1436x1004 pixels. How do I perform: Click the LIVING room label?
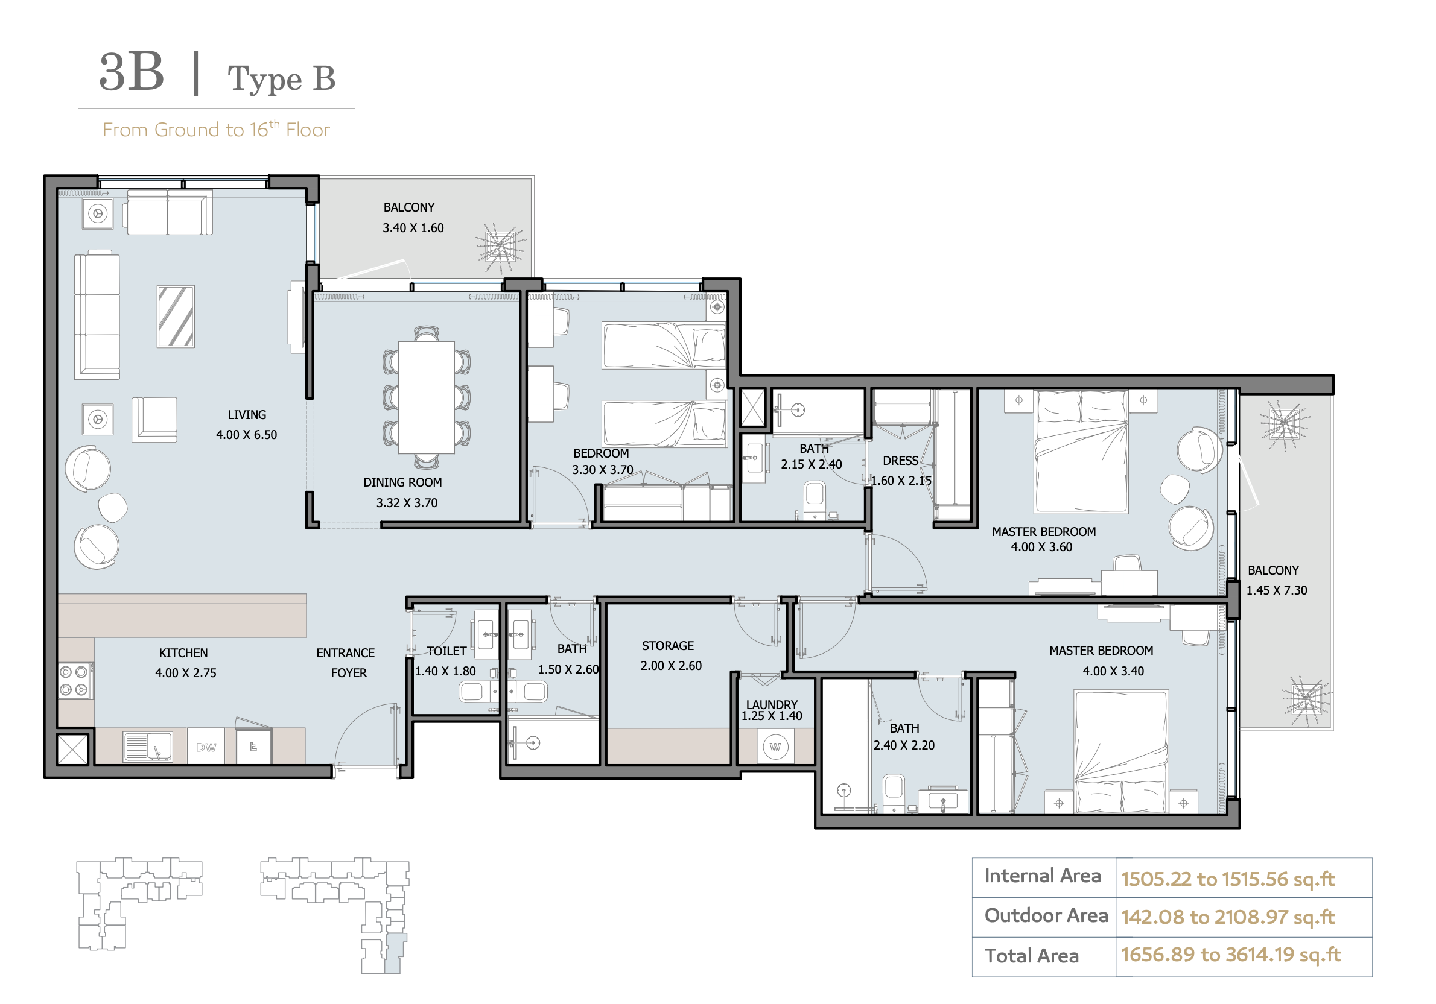tap(246, 414)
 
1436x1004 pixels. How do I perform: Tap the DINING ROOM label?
tap(402, 482)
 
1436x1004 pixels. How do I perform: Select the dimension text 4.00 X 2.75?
tap(186, 673)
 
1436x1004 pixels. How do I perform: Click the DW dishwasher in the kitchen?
tap(206, 747)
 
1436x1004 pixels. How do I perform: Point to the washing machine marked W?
tap(775, 747)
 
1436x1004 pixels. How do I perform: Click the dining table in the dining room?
tap(427, 397)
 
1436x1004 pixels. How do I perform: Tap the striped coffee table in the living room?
tap(176, 317)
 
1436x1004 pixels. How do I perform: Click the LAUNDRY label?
tap(772, 704)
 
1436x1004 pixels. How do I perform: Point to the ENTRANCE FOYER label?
tap(346, 663)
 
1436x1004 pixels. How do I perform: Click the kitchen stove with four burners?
tap(75, 681)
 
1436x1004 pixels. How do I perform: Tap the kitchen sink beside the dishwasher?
tap(148, 746)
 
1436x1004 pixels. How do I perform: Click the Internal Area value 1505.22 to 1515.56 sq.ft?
tap(1227, 879)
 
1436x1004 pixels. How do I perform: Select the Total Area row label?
tap(1031, 955)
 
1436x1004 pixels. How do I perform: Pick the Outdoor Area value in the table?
tap(1227, 917)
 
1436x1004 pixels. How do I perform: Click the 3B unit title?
tap(132, 72)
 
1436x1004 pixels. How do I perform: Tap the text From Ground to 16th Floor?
tap(216, 129)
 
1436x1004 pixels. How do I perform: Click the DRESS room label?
tap(901, 461)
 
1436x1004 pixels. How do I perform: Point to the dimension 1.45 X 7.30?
tap(1277, 590)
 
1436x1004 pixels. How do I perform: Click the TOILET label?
tap(446, 651)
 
